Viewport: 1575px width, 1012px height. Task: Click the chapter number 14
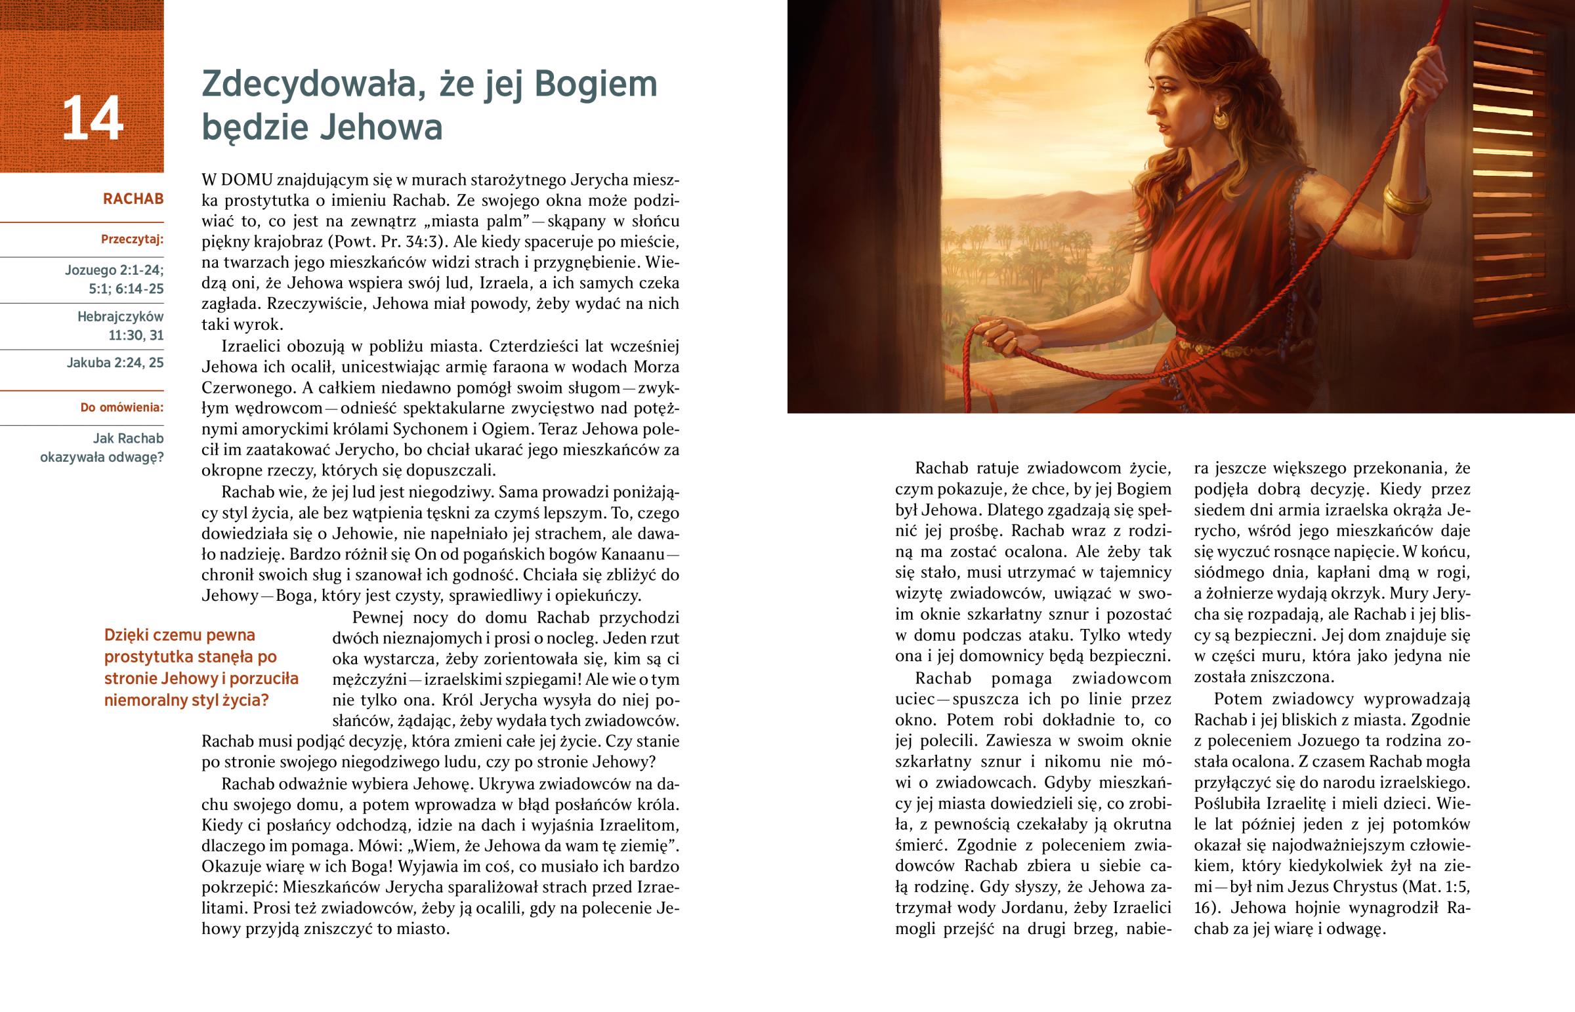[92, 118]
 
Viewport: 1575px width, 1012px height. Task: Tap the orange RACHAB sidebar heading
[133, 199]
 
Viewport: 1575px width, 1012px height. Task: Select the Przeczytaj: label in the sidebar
[132, 240]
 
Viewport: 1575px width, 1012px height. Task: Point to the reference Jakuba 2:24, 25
[115, 363]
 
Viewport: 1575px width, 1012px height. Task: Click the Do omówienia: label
[121, 407]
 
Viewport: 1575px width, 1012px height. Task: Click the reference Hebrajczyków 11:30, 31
[121, 326]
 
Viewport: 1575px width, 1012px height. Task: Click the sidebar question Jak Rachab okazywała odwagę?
[102, 447]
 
